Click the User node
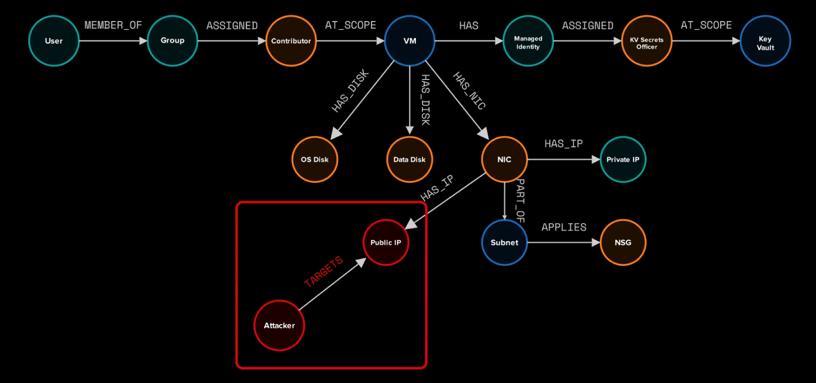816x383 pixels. (x=54, y=41)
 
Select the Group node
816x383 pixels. (x=173, y=41)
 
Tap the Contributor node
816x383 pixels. (x=291, y=41)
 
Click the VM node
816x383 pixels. (x=410, y=41)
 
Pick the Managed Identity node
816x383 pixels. (x=528, y=41)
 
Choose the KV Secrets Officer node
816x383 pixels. (x=647, y=41)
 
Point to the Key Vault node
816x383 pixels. (x=765, y=41)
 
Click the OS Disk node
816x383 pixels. (x=315, y=159)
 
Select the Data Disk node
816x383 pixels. (x=410, y=159)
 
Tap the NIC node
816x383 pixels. (x=504, y=159)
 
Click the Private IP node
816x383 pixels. (x=623, y=159)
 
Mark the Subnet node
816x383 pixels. (x=504, y=242)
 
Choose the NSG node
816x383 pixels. (x=623, y=242)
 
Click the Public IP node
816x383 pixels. (x=386, y=242)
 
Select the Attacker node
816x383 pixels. (x=279, y=325)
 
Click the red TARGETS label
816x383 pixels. (x=324, y=272)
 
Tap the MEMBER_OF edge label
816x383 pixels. (x=113, y=25)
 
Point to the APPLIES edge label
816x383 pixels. (x=564, y=227)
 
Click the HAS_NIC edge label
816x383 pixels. (x=469, y=90)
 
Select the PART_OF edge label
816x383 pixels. (x=520, y=200)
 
